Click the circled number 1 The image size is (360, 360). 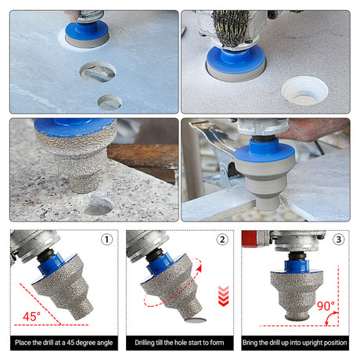point(106,239)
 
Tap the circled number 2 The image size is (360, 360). point(222,239)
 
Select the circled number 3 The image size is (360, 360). point(338,239)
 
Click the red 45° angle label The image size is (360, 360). point(31,316)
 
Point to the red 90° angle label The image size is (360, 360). point(326,306)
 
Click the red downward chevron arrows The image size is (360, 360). point(223,296)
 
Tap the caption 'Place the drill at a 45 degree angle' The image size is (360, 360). point(64,343)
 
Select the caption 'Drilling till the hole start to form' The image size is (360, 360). point(179,343)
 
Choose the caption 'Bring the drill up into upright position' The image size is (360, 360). point(295,343)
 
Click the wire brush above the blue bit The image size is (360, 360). point(231,27)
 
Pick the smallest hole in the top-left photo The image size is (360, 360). point(110,103)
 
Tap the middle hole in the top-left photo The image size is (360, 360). point(98,72)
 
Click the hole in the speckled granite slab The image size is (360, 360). point(99,207)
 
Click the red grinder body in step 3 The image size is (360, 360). point(250,239)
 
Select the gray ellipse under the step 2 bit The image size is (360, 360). point(196,320)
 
